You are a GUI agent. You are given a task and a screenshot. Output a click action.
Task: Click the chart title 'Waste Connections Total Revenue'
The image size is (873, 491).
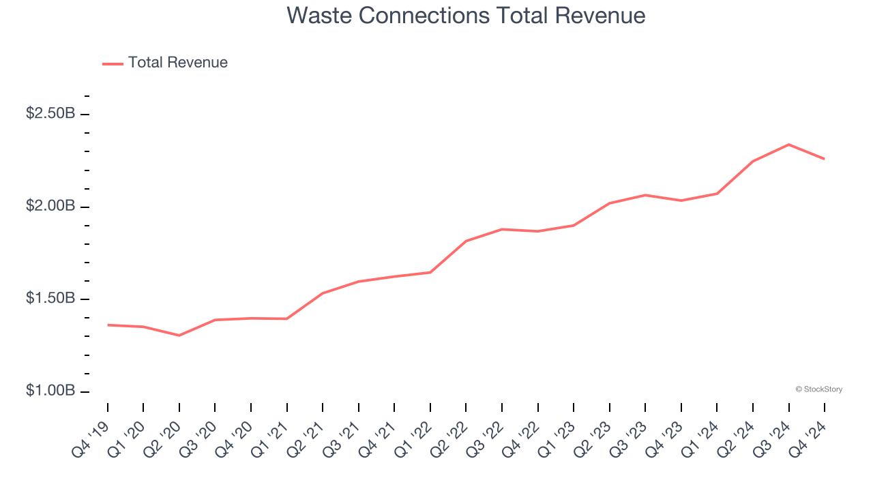tap(466, 15)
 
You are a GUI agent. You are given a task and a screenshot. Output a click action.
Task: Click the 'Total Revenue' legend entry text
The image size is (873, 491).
tap(177, 63)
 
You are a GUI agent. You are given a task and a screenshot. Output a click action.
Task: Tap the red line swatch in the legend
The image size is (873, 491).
tap(113, 63)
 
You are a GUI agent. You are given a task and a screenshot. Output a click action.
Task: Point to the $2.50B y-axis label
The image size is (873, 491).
tap(50, 114)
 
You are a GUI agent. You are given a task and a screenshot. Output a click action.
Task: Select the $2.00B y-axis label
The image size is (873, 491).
tap(50, 207)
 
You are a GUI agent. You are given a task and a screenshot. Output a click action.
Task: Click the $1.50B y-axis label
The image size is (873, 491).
tap(50, 299)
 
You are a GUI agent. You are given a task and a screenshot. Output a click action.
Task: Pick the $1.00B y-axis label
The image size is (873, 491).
tap(50, 391)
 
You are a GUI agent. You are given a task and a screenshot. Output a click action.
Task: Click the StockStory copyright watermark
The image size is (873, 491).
tap(818, 389)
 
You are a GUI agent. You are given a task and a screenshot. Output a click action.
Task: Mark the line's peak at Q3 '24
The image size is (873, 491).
tap(789, 145)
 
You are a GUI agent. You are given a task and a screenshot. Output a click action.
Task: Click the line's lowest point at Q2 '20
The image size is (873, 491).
tap(179, 336)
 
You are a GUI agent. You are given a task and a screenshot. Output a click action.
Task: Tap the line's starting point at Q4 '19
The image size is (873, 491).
tap(108, 325)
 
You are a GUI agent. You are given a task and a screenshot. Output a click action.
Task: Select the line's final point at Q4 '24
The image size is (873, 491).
tap(825, 159)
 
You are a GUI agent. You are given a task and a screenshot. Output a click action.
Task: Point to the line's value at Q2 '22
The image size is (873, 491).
tap(466, 241)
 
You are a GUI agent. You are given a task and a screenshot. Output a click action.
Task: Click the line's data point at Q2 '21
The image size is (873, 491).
tap(323, 293)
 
